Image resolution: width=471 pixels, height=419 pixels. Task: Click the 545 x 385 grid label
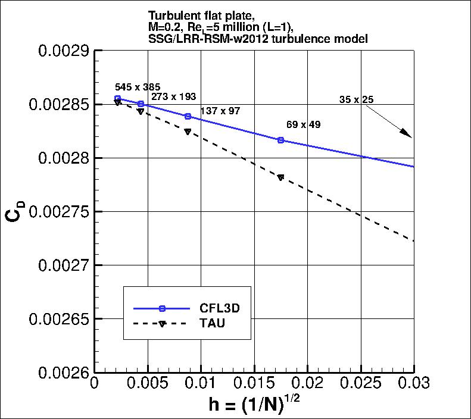tap(138, 87)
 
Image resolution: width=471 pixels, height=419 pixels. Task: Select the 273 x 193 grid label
tap(173, 96)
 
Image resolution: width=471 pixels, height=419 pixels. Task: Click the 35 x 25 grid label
tap(356, 99)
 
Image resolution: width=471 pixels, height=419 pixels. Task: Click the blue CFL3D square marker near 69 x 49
tap(281, 140)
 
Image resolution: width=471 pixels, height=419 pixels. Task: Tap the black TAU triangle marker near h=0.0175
tap(280, 177)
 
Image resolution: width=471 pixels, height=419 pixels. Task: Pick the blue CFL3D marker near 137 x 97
tap(188, 116)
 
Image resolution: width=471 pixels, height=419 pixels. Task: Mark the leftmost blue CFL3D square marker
tap(118, 98)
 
